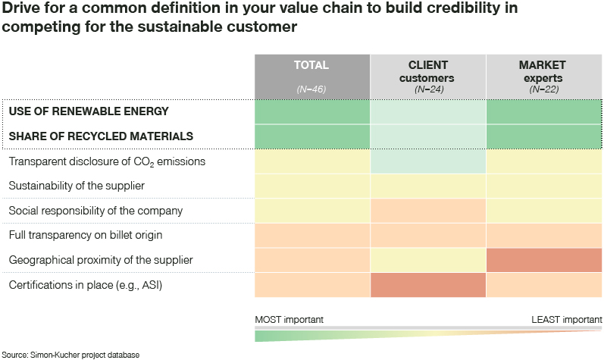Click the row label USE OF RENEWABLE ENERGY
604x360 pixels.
point(88,111)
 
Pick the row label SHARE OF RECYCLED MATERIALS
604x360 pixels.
point(101,136)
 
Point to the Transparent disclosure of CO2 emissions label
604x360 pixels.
point(107,161)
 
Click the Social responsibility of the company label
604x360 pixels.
point(95,210)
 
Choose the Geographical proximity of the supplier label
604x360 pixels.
point(101,260)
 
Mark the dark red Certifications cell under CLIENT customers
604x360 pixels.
point(427,285)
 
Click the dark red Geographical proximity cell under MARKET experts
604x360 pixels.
point(544,260)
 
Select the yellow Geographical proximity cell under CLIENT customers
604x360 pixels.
point(427,260)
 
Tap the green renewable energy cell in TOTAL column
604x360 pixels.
point(311,111)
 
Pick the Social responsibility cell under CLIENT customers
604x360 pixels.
point(427,210)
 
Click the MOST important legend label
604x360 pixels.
point(289,320)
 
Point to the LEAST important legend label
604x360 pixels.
point(567,320)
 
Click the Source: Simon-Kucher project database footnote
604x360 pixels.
point(70,354)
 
